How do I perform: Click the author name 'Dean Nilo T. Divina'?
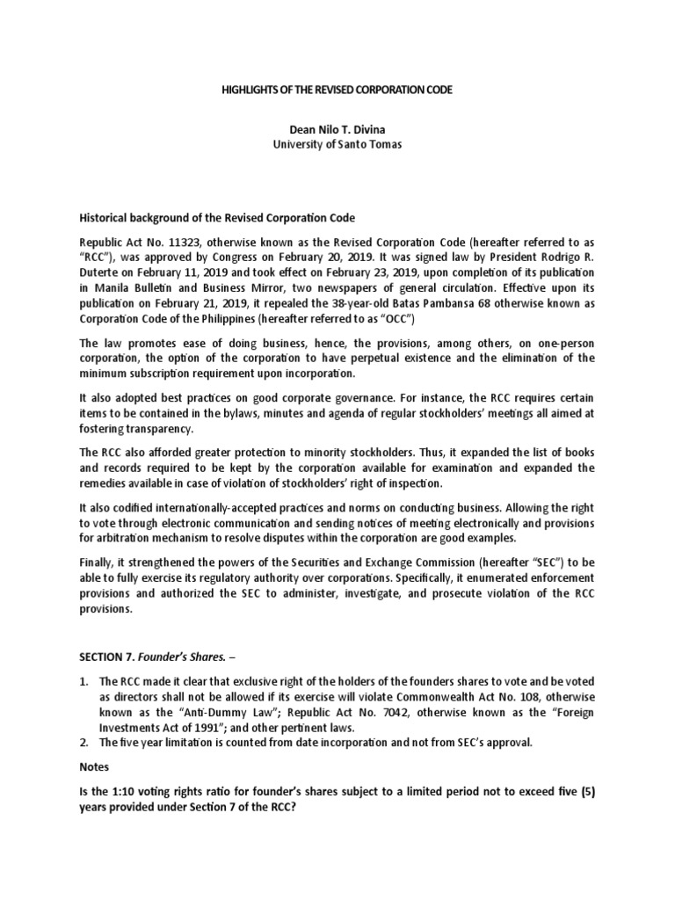pyautogui.click(x=338, y=130)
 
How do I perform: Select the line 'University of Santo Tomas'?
pyautogui.click(x=338, y=145)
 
